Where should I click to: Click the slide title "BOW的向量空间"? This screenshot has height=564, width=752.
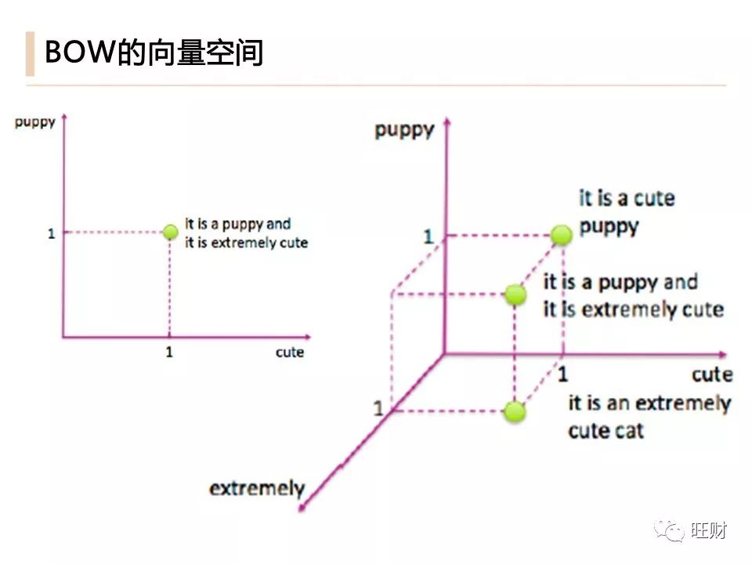[154, 53]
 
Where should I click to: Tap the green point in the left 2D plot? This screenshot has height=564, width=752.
[170, 232]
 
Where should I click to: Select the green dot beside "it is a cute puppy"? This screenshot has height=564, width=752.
[561, 234]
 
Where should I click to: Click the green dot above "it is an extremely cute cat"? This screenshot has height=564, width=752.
[514, 411]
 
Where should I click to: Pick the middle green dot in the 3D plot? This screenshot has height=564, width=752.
[515, 295]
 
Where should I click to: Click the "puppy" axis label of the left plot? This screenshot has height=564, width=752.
[34, 123]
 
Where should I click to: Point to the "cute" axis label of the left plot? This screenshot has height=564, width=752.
[289, 352]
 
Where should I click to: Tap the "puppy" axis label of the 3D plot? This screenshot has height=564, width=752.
[404, 129]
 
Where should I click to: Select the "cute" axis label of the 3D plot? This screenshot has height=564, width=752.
[712, 374]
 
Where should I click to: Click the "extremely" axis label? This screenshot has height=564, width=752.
[256, 489]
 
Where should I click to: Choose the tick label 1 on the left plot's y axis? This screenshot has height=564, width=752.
[51, 233]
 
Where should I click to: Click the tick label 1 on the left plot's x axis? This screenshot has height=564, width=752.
[169, 352]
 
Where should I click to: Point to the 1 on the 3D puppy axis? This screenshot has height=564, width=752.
[428, 236]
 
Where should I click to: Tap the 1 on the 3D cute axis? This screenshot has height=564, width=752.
[562, 374]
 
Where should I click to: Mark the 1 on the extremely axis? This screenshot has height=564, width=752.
[378, 409]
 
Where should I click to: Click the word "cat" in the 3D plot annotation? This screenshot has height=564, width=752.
[628, 430]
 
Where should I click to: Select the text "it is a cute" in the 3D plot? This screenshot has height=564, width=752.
[627, 197]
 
